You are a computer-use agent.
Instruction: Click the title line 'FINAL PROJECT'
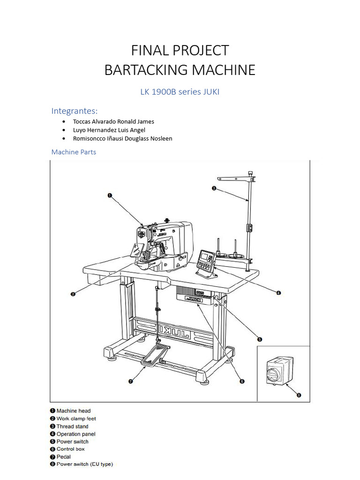180,50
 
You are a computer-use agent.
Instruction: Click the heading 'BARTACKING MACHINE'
180,70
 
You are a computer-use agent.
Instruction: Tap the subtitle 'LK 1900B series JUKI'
180,92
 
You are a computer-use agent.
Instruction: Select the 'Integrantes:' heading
75,111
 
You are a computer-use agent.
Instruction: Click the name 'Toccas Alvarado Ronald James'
113,121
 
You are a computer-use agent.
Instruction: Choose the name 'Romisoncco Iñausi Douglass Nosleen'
122,138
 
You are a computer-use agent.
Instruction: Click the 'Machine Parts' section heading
74,152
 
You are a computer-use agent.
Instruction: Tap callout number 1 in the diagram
110,196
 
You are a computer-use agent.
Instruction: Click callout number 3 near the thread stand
214,188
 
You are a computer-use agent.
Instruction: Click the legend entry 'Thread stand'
72,426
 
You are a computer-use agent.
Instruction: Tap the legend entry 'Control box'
70,449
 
